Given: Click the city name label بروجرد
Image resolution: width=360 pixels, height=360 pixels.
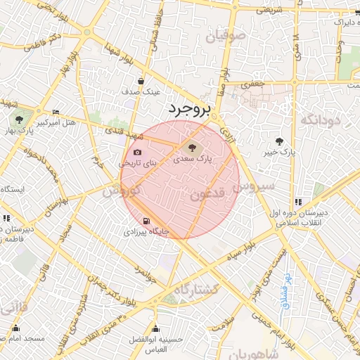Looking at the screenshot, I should point(189,108).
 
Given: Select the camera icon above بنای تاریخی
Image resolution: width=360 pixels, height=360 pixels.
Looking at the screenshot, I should point(137,153).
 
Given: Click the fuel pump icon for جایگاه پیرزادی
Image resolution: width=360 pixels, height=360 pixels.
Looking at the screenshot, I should point(146,220).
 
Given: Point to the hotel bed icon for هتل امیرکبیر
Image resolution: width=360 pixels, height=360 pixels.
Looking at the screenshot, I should point(56,112).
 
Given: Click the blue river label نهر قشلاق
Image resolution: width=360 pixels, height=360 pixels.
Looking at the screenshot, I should point(287,286).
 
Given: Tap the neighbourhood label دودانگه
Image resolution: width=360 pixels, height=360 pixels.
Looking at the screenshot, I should point(320,120).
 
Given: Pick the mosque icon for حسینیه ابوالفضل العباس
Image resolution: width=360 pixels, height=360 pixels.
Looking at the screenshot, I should point(155,329).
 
